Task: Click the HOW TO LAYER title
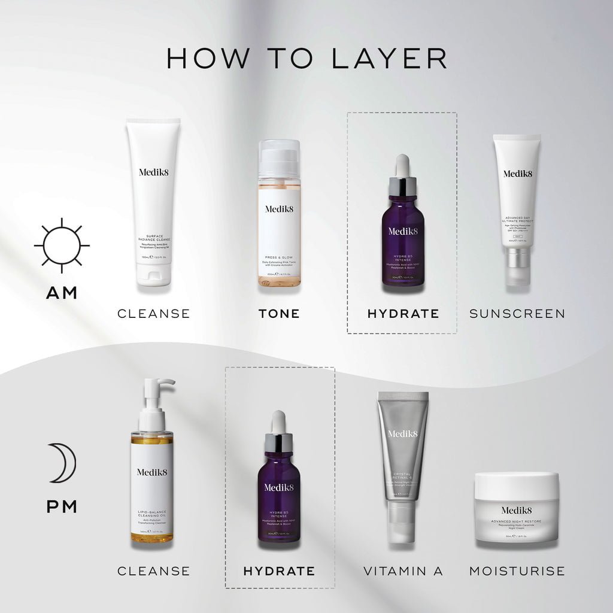point(306,58)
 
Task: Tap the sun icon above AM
point(62,245)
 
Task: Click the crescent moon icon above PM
point(60,463)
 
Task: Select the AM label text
point(62,293)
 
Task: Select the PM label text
point(62,507)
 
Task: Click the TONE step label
point(279,314)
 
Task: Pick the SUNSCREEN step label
point(517,314)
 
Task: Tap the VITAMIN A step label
point(403,571)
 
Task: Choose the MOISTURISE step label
point(517,571)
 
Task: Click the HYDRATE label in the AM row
point(403,314)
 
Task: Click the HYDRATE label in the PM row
point(279,571)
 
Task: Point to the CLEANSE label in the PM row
point(154,571)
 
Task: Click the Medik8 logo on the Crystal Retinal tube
point(403,433)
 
